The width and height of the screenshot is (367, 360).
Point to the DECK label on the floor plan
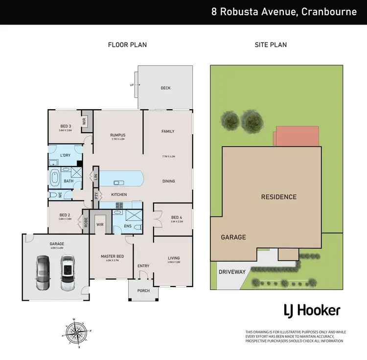coord(165,88)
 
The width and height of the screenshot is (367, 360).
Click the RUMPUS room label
coord(118,135)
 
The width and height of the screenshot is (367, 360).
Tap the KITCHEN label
coord(119,194)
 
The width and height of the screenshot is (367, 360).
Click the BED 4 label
coord(177,217)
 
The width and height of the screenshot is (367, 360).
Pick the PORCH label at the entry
coord(143,290)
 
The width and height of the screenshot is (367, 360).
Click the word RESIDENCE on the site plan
coord(278,197)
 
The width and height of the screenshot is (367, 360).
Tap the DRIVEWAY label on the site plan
coord(231,271)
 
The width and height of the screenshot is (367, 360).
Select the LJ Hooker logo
coord(312,310)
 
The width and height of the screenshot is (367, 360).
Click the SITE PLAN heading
coord(271,45)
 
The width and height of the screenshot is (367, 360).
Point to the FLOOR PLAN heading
coord(127,45)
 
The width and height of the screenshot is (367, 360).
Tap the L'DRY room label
coord(66,155)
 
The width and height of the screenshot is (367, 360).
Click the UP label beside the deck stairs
coord(131,85)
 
